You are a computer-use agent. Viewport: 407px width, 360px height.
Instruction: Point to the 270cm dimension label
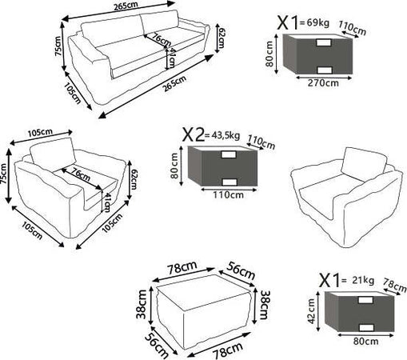323,83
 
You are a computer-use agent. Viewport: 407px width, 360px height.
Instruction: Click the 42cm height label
311,311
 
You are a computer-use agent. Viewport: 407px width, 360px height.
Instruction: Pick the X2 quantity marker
194,134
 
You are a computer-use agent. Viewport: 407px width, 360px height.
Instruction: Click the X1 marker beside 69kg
288,22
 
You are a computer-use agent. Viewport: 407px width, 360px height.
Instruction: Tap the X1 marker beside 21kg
329,280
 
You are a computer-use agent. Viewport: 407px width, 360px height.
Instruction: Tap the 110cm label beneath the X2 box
228,195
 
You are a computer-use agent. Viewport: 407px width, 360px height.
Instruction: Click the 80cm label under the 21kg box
365,341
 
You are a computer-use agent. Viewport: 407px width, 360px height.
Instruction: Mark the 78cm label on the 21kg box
395,285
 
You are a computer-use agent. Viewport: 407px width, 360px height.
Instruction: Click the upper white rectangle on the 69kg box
324,42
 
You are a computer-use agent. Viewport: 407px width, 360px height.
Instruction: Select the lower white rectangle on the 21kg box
366,327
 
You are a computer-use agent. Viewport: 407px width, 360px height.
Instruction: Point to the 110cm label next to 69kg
353,28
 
